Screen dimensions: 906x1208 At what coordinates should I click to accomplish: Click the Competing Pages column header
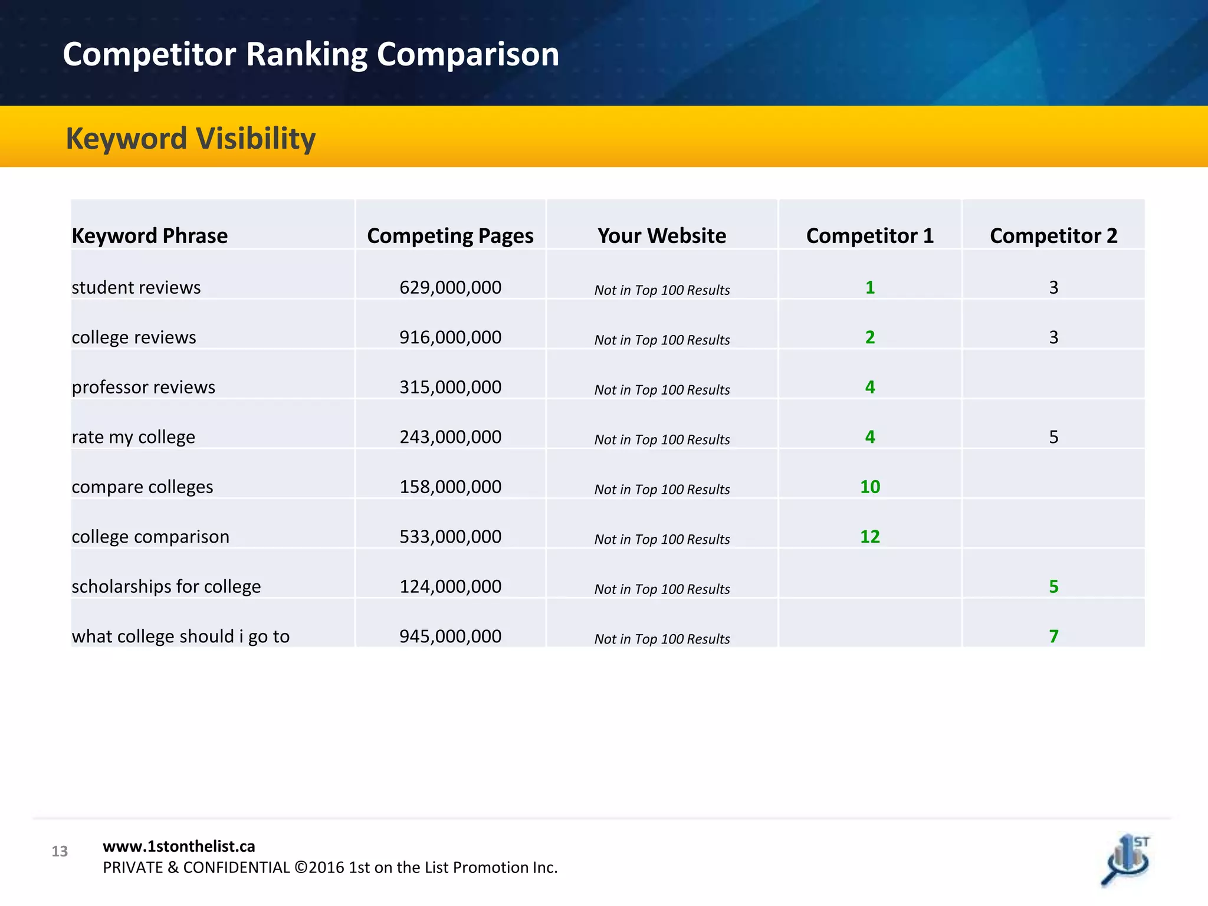click(450, 235)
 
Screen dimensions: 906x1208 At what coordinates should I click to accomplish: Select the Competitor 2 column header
click(1053, 235)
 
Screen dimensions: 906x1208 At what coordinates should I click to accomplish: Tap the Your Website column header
click(662, 235)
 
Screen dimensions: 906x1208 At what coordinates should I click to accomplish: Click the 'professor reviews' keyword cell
click(143, 387)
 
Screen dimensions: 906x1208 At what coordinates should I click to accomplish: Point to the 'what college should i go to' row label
click(180, 636)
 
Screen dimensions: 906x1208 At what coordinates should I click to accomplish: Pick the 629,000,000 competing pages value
click(450, 287)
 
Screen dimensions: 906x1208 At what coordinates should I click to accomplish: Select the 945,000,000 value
click(450, 636)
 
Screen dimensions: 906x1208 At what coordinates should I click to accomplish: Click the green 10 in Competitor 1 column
click(870, 487)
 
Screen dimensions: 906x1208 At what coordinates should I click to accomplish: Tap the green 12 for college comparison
click(870, 537)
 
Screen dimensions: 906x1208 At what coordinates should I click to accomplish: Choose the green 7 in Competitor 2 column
click(1053, 636)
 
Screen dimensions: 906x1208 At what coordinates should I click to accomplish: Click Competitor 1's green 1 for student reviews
click(870, 287)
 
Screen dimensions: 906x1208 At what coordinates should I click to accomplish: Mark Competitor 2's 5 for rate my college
click(1053, 437)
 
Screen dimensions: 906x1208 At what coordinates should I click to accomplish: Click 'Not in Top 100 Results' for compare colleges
click(662, 490)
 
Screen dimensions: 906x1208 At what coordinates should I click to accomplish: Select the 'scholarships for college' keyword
click(166, 586)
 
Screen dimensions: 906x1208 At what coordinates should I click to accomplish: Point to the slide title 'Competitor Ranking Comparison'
click(311, 54)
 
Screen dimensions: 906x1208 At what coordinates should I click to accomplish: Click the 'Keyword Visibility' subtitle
click(191, 139)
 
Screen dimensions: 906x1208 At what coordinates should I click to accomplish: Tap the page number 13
click(60, 851)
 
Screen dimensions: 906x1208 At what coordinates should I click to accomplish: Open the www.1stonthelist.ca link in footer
click(179, 846)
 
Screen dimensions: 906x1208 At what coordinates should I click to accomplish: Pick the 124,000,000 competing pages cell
click(450, 586)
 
